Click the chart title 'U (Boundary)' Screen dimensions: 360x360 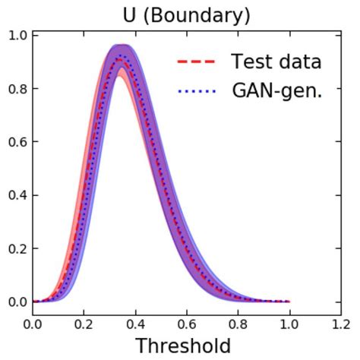(x=186, y=15)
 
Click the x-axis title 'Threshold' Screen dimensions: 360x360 (x=182, y=346)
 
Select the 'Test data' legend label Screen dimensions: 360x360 (x=276, y=62)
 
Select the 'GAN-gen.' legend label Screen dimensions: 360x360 (x=277, y=92)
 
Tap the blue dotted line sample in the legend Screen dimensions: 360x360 (x=197, y=92)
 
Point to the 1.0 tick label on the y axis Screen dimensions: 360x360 (x=19, y=36)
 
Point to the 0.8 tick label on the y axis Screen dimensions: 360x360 (x=19, y=89)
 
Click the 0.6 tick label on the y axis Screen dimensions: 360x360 (x=19, y=142)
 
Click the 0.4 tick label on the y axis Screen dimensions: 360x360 (x=19, y=195)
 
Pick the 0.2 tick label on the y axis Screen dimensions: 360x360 (x=19, y=248)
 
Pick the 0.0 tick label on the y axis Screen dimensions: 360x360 (x=19, y=302)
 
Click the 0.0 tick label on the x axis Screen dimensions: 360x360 (x=33, y=324)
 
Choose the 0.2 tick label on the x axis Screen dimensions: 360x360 (x=84, y=324)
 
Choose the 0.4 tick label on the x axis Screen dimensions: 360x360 (x=135, y=324)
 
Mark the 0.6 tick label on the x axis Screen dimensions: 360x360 (x=187, y=324)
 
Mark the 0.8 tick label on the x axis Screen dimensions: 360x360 (x=238, y=324)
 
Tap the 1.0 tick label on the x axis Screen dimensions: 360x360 (x=289, y=324)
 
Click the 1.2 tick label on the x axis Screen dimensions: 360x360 (x=339, y=324)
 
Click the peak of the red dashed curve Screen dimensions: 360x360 (x=120, y=59)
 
